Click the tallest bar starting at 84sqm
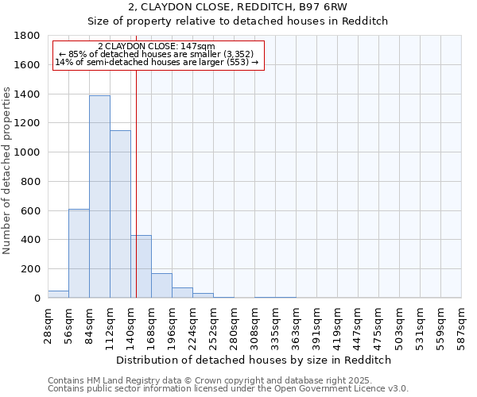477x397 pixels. (99, 196)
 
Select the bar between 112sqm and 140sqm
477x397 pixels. (120, 214)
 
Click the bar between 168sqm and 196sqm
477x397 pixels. (161, 285)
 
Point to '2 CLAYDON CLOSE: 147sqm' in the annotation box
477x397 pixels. (156, 47)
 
